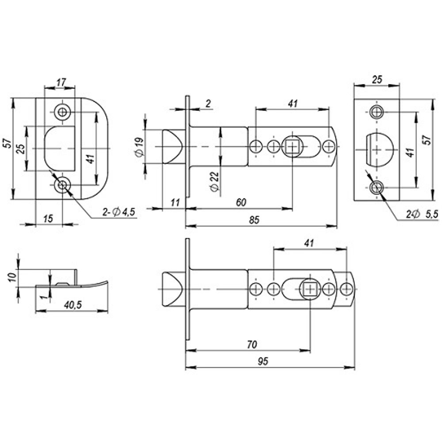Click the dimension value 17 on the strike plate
click(x=61, y=81)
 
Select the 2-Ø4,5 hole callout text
click(x=118, y=213)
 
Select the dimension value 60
click(x=241, y=202)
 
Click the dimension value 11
click(x=175, y=202)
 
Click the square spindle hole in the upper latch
click(x=292, y=146)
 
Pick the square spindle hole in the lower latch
click(x=310, y=289)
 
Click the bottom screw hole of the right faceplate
click(x=377, y=187)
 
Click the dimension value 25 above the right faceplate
click(x=377, y=79)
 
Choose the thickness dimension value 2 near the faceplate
click(x=209, y=104)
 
